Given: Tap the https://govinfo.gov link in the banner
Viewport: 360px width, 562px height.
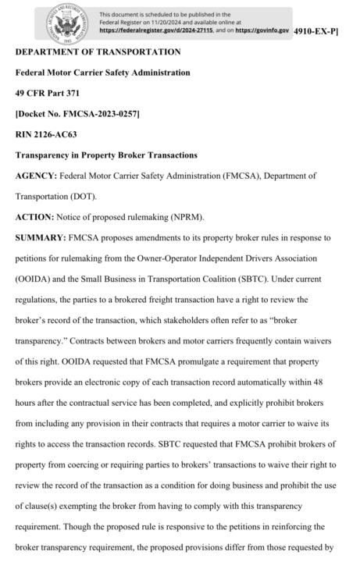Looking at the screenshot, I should click(x=262, y=30).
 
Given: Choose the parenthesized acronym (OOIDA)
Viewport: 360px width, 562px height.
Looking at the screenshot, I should click(x=34, y=279).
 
